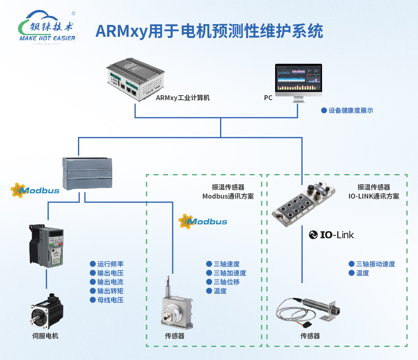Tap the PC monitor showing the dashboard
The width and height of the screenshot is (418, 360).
[x=298, y=80]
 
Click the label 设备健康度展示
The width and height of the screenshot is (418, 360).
[x=350, y=110]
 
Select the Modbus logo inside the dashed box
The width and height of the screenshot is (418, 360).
[x=203, y=221]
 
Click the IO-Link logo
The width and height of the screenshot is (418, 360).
[x=331, y=235]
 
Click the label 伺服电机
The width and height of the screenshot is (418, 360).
[x=45, y=336]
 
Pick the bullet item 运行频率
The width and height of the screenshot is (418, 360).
[x=110, y=264]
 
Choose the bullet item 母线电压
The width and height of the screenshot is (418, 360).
[x=110, y=300]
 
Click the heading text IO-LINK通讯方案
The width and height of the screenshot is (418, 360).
[x=374, y=196]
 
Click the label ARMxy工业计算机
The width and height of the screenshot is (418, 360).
[x=183, y=98]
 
